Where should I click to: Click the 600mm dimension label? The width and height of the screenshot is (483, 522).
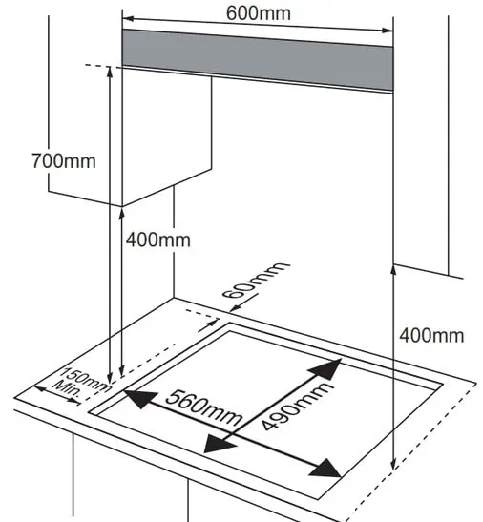point(259,13)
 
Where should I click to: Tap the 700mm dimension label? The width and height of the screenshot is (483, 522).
point(64,160)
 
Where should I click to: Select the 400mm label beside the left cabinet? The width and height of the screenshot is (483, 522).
point(157,240)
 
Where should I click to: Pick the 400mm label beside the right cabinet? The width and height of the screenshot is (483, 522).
point(431,335)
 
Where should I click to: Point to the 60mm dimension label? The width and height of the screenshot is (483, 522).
point(255,281)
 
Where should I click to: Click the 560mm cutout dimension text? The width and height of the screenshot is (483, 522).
point(204,407)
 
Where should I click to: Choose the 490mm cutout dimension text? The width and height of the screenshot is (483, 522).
point(296,407)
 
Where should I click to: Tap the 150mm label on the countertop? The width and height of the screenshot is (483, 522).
point(86,380)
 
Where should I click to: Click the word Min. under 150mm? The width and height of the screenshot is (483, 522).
point(67,389)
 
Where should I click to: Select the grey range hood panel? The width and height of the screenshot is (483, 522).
point(258,59)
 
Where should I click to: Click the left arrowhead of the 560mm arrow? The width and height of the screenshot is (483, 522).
point(140,398)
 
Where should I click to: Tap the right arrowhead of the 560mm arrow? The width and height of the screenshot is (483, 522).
point(325,469)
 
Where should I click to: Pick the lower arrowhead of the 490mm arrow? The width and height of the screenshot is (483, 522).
point(219,445)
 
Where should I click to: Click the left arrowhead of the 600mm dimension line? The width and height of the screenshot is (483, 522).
point(128,19)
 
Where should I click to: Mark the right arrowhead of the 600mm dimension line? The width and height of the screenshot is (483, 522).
point(388,31)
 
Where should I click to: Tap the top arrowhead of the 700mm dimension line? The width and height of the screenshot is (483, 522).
point(110,73)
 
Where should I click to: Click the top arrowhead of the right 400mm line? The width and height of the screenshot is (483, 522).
point(393,271)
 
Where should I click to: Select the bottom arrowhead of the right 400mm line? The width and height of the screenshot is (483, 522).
point(393,464)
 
